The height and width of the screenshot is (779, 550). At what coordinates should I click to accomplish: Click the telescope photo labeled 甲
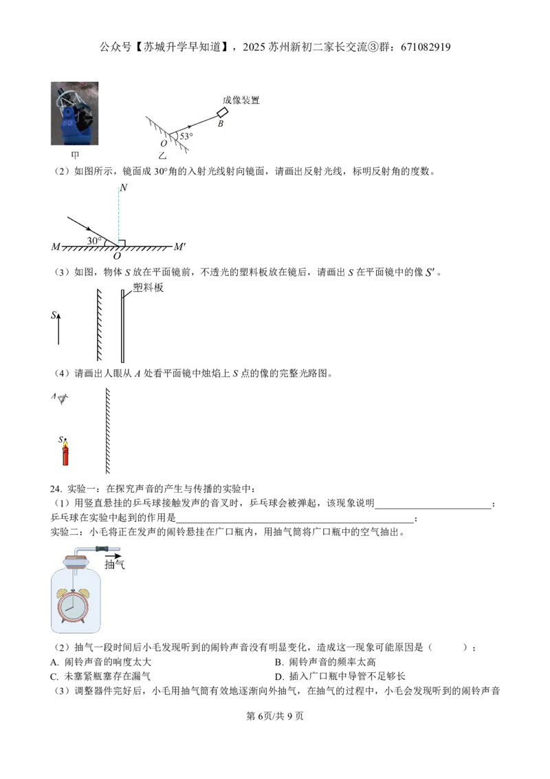pyautogui.click(x=74, y=114)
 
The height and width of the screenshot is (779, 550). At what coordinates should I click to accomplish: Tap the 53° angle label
pyautogui.click(x=186, y=136)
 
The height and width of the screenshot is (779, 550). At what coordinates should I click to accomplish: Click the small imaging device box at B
pyautogui.click(x=222, y=113)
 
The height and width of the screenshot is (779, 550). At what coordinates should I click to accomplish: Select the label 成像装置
pyautogui.click(x=241, y=100)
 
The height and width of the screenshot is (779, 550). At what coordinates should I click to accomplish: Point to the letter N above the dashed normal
pyautogui.click(x=124, y=187)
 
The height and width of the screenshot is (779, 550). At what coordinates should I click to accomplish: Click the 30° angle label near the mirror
pyautogui.click(x=94, y=241)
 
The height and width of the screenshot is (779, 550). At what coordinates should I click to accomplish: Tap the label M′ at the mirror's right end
pyautogui.click(x=179, y=246)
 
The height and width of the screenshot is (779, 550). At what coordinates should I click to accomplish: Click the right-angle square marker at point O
pyautogui.click(x=122, y=243)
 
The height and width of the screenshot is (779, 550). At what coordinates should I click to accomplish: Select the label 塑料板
pyautogui.click(x=148, y=288)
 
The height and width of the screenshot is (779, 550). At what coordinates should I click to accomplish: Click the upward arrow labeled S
pyautogui.click(x=58, y=329)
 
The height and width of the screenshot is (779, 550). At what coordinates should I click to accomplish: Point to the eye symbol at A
pyautogui.click(x=62, y=398)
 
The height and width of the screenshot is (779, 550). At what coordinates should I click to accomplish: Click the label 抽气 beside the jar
pyautogui.click(x=115, y=564)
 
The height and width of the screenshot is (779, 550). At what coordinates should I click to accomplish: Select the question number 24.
pyautogui.click(x=56, y=489)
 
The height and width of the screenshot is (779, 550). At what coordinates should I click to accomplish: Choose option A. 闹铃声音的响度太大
pyautogui.click(x=101, y=662)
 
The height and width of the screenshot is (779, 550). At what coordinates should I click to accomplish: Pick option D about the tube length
pyautogui.click(x=340, y=676)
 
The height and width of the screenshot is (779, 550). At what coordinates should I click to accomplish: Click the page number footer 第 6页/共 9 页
pyautogui.click(x=275, y=716)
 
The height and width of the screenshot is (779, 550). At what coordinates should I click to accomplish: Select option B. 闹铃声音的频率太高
pyautogui.click(x=325, y=662)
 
